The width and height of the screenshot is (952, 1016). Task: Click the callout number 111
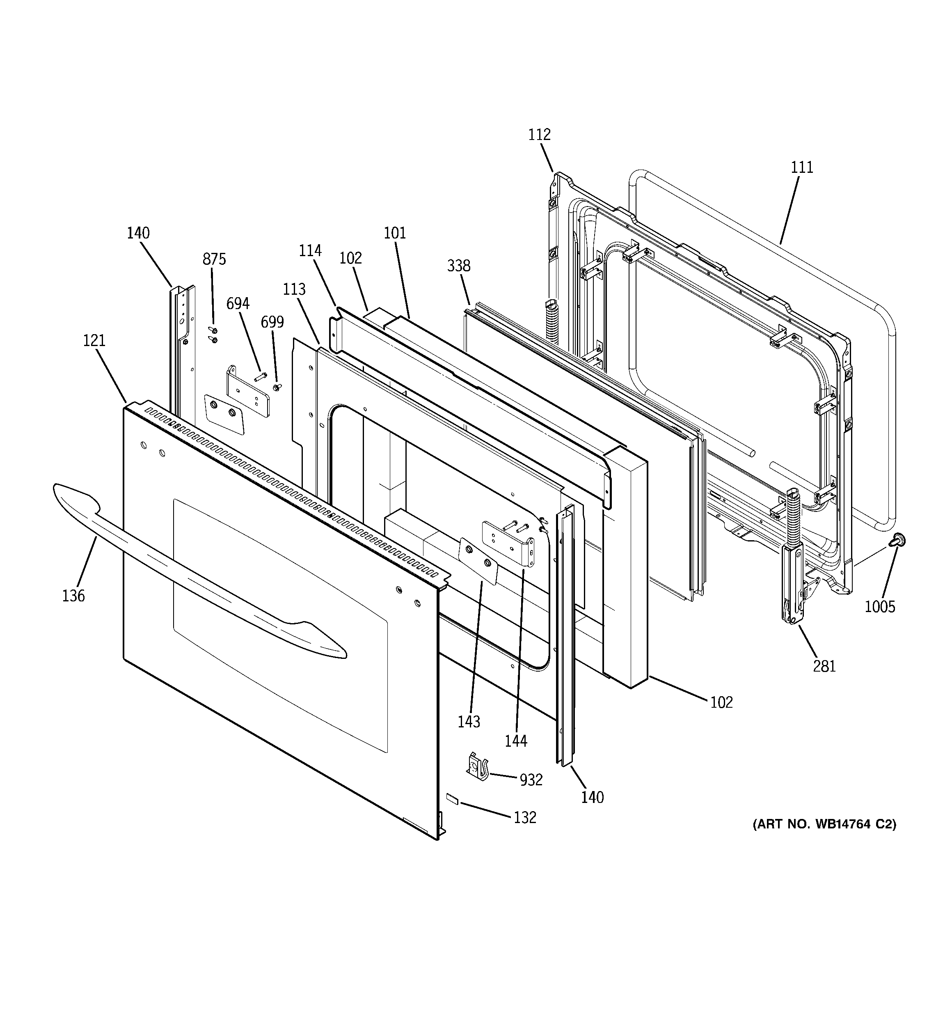[802, 167]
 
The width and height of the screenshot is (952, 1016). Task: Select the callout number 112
[540, 135]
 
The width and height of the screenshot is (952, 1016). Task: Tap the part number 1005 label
[880, 607]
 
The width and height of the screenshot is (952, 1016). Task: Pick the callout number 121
[94, 340]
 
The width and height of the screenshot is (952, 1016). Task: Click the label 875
[214, 259]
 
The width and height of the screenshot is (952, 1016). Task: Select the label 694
[238, 304]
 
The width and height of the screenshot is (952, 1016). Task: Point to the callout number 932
[531, 780]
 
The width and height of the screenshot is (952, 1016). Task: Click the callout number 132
[525, 818]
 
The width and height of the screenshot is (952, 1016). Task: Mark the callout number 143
[469, 722]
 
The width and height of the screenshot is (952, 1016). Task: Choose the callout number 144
[516, 741]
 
